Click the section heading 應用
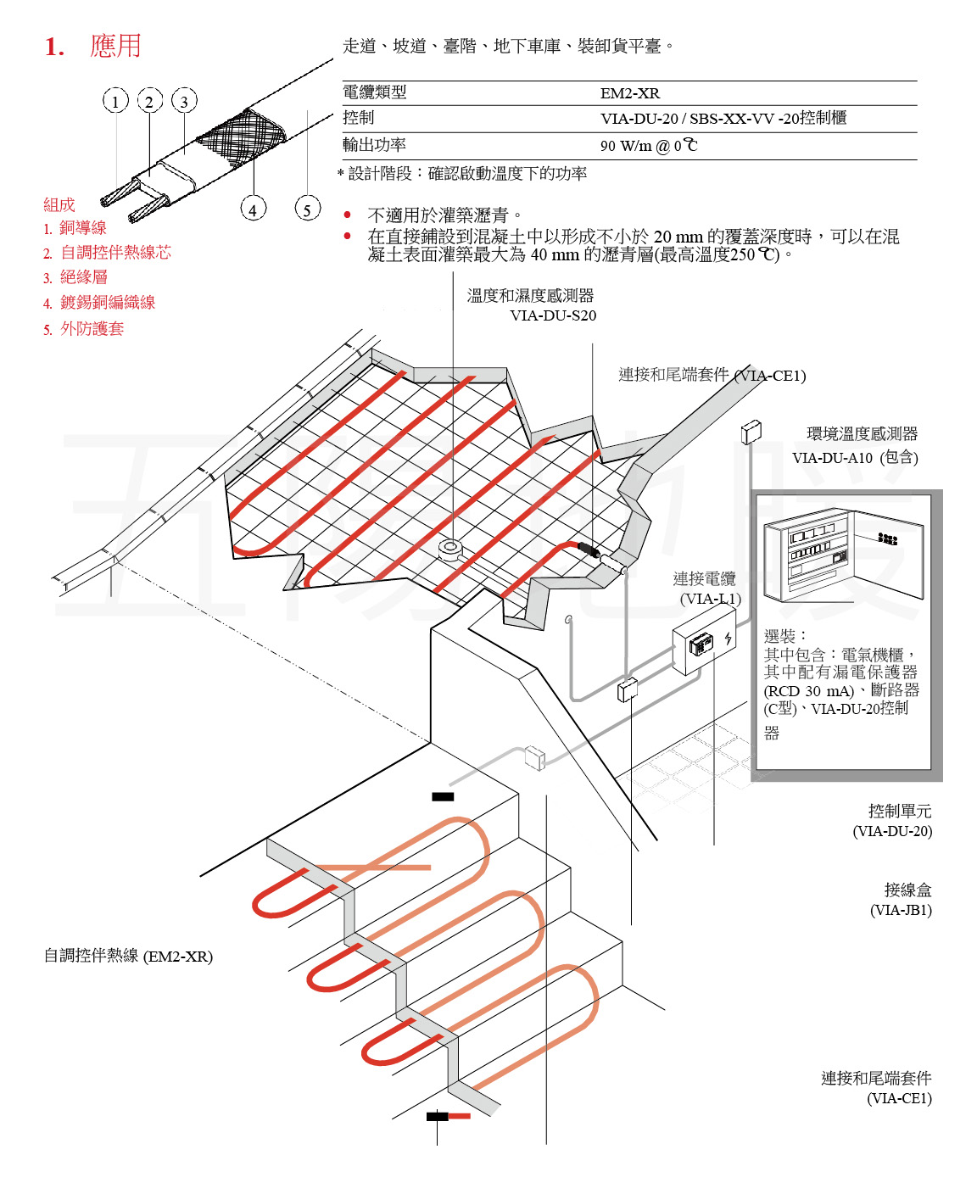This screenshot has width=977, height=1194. point(115,46)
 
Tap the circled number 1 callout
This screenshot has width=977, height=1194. point(115,101)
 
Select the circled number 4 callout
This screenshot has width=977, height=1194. point(253,209)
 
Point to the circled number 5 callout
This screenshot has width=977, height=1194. point(307,209)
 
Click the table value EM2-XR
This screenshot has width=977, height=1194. point(629,93)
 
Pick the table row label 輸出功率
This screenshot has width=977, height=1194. point(374,145)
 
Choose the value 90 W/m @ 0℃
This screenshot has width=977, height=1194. point(648,146)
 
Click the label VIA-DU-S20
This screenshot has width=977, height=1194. point(553,315)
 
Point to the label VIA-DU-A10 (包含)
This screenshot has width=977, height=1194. point(855,458)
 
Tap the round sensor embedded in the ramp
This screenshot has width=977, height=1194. point(450,549)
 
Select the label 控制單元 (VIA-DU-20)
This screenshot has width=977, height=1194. point(892,821)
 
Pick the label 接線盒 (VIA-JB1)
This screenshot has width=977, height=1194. point(901,900)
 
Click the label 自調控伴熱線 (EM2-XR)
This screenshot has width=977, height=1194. point(128,957)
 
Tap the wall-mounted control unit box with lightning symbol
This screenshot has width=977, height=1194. point(704,644)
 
